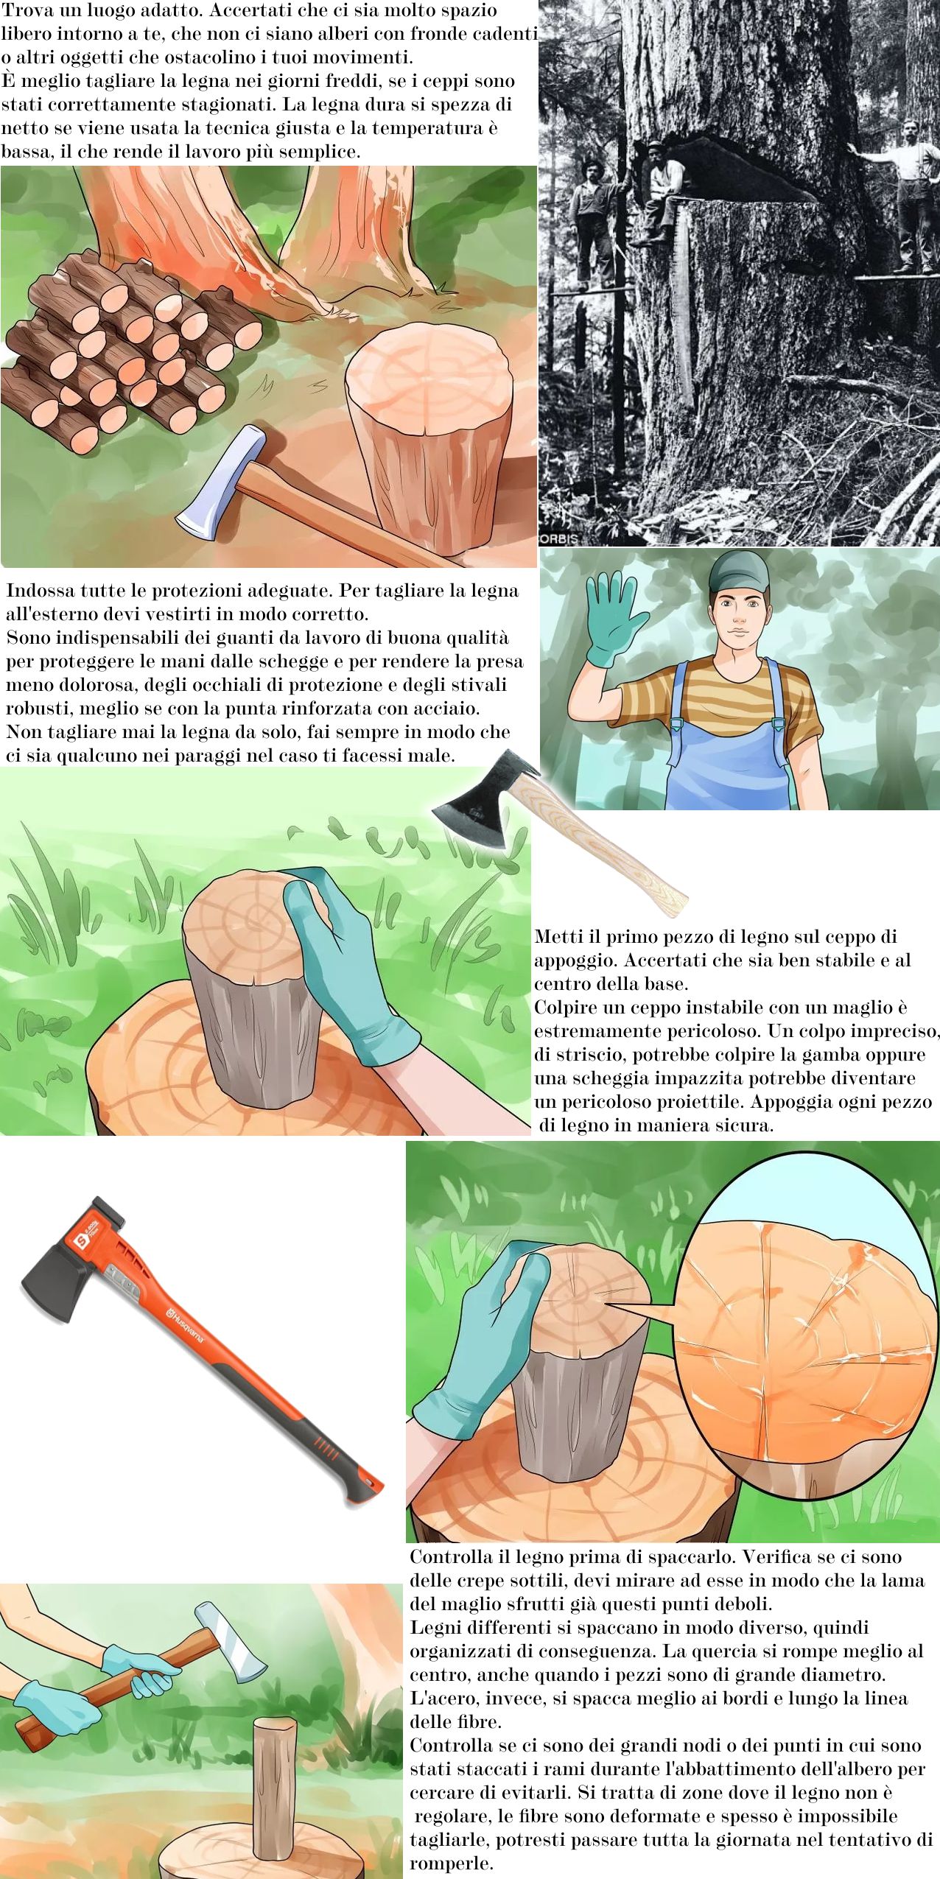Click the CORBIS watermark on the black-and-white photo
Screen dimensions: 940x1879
point(559,538)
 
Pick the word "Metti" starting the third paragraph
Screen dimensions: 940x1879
point(559,936)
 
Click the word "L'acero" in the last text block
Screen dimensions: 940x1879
point(441,1698)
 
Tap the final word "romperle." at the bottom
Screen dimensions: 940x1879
point(452,1864)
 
